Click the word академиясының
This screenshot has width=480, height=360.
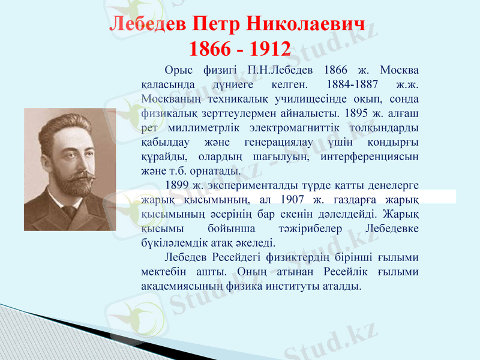pos(181,286)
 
